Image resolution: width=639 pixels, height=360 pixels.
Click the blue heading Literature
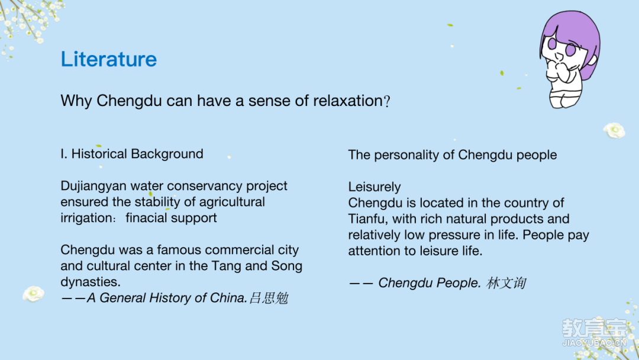click(109, 59)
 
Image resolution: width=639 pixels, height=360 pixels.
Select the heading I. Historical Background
click(131, 154)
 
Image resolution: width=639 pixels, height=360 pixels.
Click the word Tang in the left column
click(227, 266)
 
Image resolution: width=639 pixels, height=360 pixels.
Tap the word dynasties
click(91, 282)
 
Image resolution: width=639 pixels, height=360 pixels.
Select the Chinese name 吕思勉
click(269, 298)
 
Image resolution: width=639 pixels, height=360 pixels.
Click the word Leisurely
click(375, 187)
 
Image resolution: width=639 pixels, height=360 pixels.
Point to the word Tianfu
click(368, 219)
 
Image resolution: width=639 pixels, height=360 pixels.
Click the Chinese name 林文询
click(506, 283)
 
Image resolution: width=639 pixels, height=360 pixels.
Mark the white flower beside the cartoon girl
click(614, 130)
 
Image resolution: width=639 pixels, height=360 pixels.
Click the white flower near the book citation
click(33, 294)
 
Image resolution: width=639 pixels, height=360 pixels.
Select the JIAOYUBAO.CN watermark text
click(594, 343)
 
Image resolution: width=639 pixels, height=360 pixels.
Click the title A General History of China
click(166, 298)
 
